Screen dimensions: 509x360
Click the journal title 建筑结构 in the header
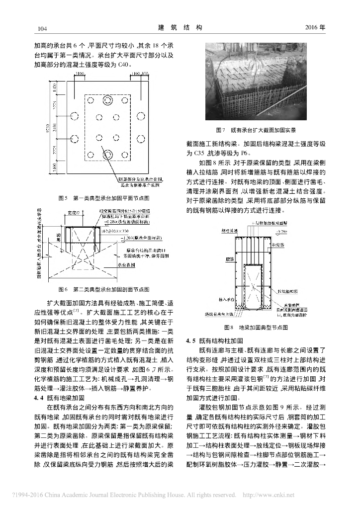pos(180,27)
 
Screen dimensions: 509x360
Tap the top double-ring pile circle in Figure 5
pos(107,101)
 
